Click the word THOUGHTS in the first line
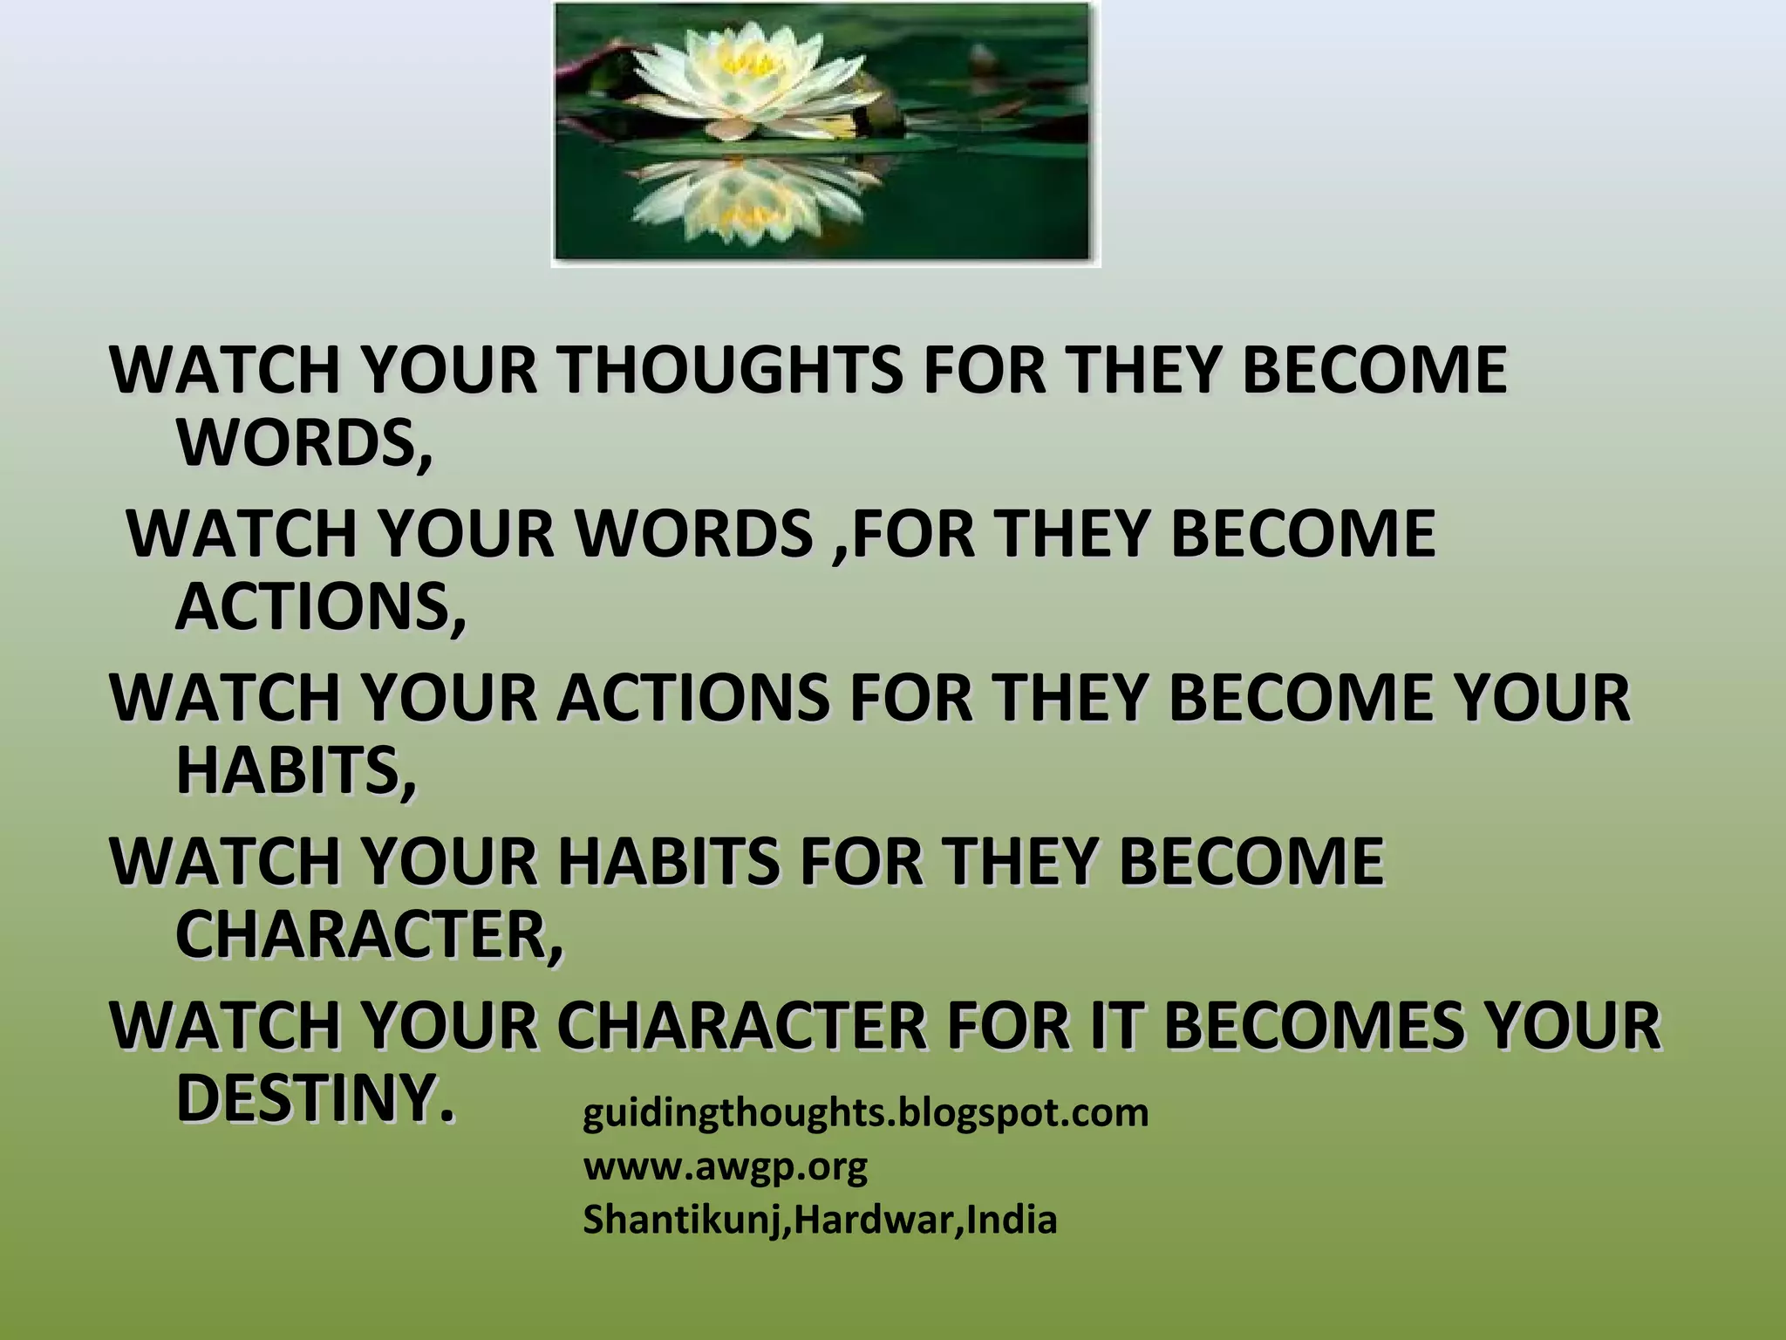[731, 370]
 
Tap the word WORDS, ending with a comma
[304, 443]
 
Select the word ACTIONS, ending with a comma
[321, 607]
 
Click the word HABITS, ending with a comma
[297, 771]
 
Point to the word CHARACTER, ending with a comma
[370, 935]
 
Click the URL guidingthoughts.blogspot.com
[865, 1113]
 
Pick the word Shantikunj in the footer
[684, 1220]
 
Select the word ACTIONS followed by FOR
[693, 698]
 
